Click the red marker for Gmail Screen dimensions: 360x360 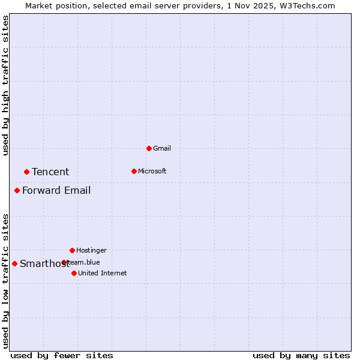(149, 148)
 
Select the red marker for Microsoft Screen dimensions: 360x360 (134, 171)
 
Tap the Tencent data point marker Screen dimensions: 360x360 (26, 172)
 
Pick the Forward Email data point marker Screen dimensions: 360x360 (17, 190)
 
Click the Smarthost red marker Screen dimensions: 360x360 (14, 263)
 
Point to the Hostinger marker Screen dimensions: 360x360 (72, 250)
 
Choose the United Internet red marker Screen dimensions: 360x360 (74, 273)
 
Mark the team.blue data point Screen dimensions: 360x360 (64, 262)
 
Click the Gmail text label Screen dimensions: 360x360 (162, 148)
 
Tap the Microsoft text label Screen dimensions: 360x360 (152, 171)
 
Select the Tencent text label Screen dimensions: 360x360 (50, 172)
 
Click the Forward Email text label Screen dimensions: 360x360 (56, 190)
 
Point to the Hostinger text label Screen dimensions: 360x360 (91, 250)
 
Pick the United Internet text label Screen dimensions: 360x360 (103, 273)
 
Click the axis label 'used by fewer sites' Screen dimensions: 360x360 (61, 355)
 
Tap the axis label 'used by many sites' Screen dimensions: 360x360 (301, 355)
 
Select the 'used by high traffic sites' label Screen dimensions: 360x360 (6, 85)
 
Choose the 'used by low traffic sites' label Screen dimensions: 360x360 (6, 281)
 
